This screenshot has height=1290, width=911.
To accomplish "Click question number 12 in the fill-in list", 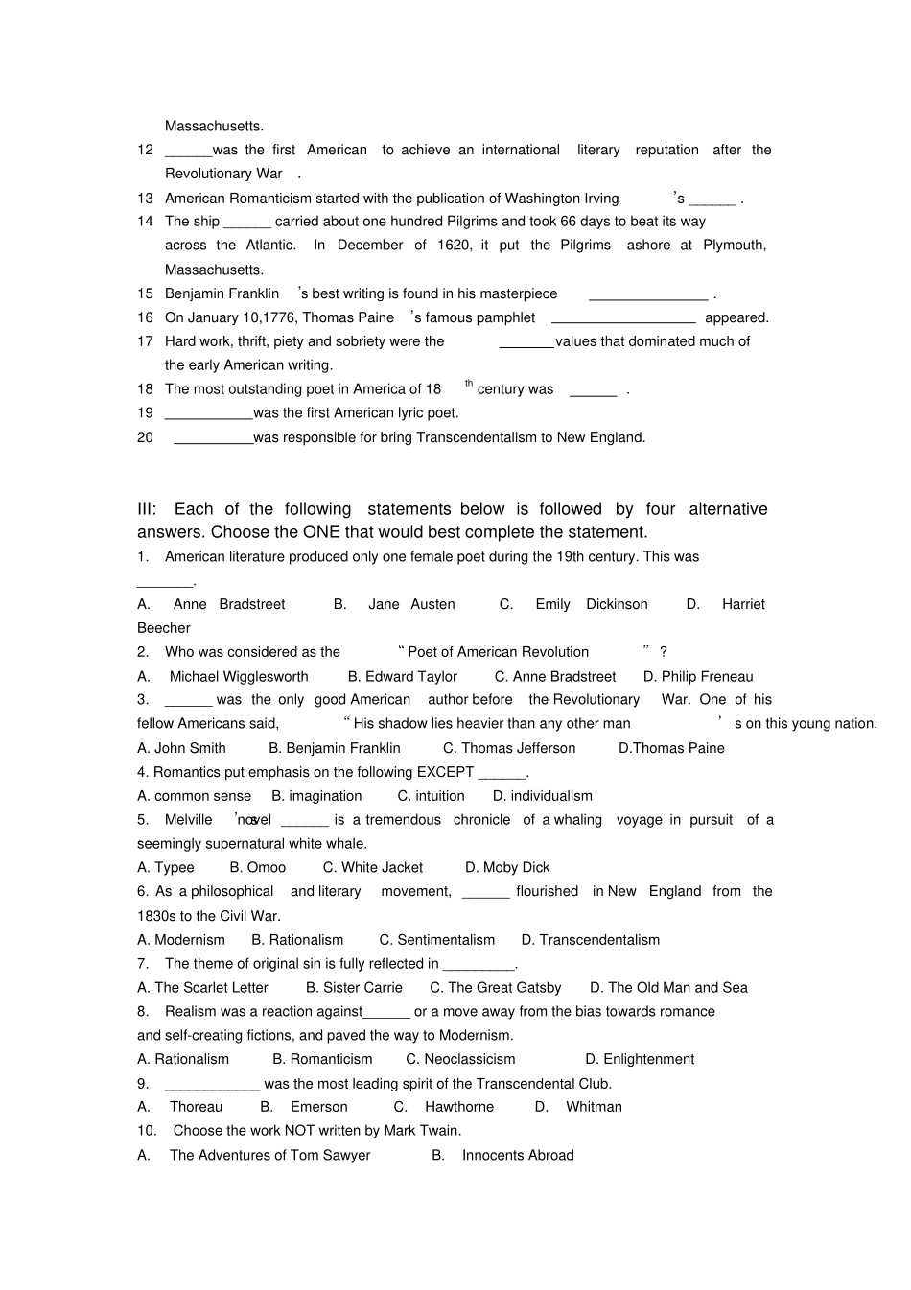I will click(145, 150).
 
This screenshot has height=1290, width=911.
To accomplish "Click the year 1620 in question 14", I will click(454, 245).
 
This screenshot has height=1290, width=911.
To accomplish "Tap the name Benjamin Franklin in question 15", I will click(222, 293).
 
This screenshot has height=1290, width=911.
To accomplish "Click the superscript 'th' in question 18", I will click(469, 384).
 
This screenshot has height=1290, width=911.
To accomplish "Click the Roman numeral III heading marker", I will click(147, 509).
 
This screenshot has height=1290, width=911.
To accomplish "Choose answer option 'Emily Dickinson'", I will click(591, 604).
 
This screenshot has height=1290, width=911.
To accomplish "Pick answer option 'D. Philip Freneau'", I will click(698, 676).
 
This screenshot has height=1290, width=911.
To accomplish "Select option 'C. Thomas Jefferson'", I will click(509, 748).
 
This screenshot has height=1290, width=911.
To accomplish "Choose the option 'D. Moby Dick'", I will click(507, 867).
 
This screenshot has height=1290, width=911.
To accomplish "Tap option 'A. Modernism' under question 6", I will click(181, 940).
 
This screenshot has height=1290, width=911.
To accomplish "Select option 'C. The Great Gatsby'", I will click(495, 987).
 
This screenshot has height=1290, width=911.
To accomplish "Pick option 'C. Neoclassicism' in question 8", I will click(460, 1059).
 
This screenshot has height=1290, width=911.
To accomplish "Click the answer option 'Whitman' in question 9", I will click(594, 1106).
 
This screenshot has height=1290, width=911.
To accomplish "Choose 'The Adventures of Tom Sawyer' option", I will click(269, 1155).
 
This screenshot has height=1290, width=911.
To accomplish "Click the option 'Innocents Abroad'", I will click(518, 1155).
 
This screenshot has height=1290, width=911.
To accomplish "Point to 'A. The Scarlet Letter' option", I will click(202, 987).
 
